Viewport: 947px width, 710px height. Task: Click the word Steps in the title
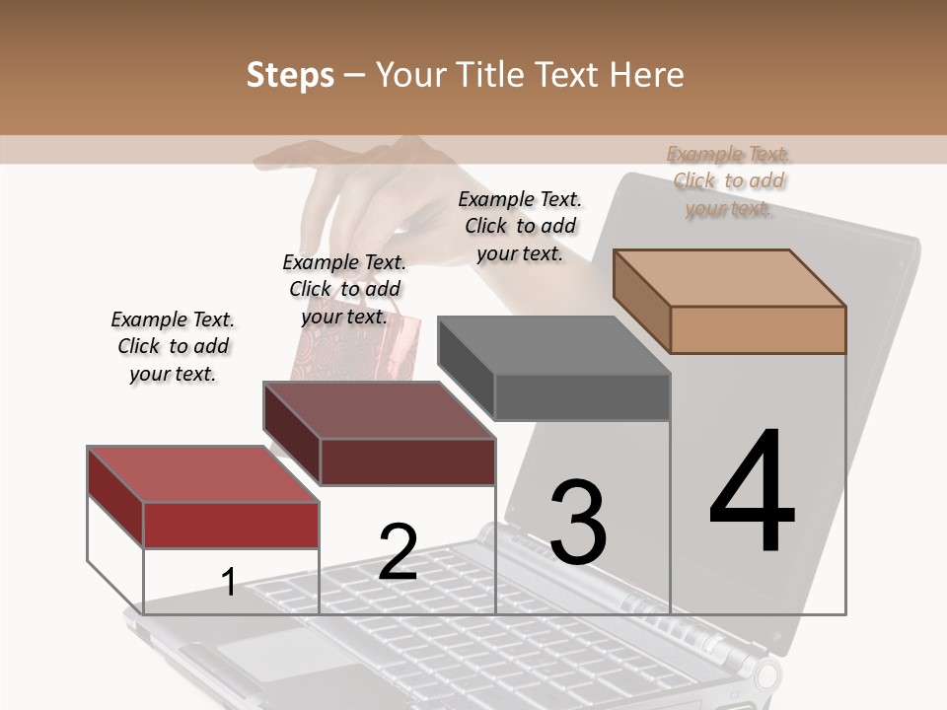tap(290, 75)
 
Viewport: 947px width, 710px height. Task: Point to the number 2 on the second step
tap(398, 551)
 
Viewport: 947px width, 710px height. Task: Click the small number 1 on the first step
tap(229, 582)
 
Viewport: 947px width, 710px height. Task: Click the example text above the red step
tap(173, 346)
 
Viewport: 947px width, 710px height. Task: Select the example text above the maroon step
tap(344, 289)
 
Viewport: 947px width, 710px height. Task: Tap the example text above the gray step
tap(520, 226)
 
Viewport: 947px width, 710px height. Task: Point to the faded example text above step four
tap(728, 180)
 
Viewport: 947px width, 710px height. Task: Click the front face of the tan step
tap(758, 329)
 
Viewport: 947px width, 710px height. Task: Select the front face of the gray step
tap(582, 397)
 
